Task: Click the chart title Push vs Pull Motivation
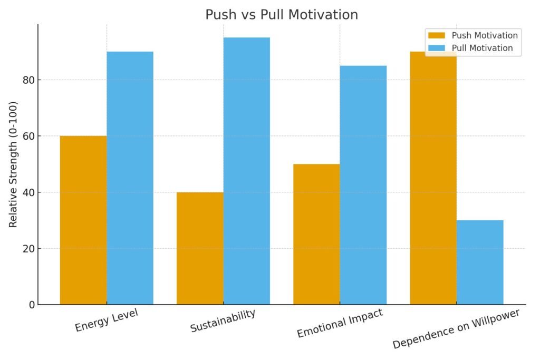[282, 15]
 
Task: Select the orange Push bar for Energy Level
[83, 220]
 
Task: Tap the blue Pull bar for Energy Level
[130, 178]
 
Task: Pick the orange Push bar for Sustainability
[200, 248]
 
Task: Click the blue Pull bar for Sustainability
[246, 171]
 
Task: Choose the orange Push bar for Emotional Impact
[316, 234]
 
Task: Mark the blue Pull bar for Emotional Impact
[363, 185]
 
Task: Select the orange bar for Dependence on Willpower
[433, 178]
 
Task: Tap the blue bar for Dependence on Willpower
[480, 262]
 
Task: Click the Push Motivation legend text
[485, 35]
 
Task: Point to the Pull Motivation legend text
[482, 48]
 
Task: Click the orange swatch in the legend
[437, 35]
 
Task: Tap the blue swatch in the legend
[437, 48]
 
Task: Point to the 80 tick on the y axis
[26, 80]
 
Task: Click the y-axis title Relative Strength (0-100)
[13, 164]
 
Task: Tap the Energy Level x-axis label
[107, 320]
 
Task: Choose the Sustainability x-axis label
[223, 320]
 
